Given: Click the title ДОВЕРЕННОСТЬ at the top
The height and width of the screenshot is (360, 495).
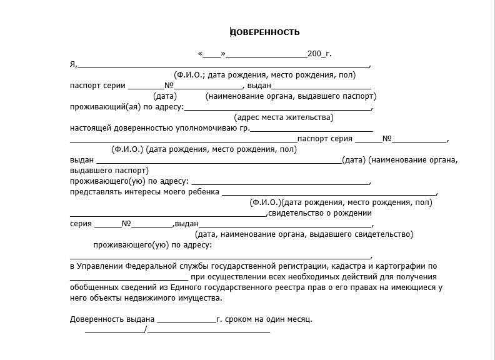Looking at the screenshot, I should (265, 32).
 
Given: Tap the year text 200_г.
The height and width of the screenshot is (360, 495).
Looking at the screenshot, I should (319, 54).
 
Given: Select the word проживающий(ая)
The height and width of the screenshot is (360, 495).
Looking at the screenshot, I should (106, 107).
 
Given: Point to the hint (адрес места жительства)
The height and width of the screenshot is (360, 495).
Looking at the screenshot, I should (284, 117).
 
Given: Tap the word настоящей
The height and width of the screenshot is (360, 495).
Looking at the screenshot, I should (90, 128).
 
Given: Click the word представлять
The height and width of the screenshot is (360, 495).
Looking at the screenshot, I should (94, 192).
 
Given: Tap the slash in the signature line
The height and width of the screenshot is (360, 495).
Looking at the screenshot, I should (145, 330).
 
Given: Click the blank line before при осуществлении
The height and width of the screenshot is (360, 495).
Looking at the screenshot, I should (128, 277).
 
